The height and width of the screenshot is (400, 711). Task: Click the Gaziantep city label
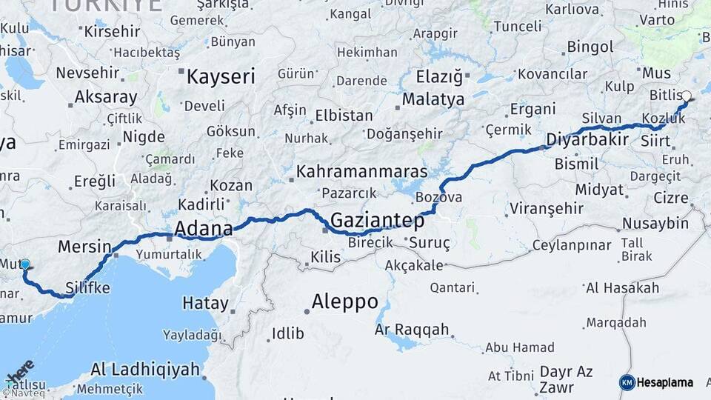(x=377, y=221)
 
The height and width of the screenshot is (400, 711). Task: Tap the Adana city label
(x=203, y=228)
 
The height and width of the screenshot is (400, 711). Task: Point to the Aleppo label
(x=344, y=302)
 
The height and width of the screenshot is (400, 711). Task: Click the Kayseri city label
(x=221, y=76)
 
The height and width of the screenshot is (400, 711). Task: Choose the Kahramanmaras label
(x=361, y=172)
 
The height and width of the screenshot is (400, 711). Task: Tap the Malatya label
(x=433, y=99)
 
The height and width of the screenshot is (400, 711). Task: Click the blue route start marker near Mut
(x=25, y=264)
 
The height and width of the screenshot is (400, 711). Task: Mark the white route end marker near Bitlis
(x=687, y=96)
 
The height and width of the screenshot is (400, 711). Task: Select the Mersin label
(x=84, y=247)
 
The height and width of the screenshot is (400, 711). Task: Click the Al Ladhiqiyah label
(x=144, y=369)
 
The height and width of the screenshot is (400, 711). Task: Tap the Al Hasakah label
(x=621, y=288)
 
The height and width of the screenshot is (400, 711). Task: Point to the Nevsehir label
(x=87, y=73)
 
